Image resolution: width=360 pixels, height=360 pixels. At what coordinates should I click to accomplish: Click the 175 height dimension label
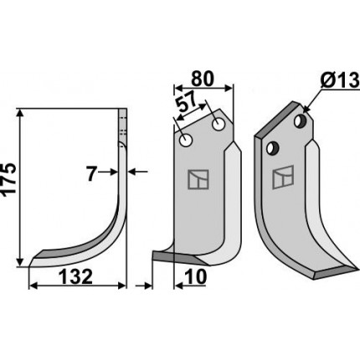9,178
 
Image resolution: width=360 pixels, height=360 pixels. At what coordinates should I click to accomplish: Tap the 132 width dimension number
75,277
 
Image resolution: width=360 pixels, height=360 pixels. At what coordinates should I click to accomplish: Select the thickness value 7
91,174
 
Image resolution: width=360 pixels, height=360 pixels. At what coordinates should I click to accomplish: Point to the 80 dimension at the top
203,79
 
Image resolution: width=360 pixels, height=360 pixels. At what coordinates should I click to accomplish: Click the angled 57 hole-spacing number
187,102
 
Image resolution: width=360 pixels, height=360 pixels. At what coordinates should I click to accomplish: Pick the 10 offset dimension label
197,277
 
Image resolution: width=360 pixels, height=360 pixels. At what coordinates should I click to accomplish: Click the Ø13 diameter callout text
339,80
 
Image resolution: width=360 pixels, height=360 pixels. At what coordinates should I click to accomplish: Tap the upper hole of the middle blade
219,124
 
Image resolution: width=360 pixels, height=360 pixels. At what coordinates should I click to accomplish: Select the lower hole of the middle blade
186,140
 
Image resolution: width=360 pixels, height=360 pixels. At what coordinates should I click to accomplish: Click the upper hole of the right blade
300,121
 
